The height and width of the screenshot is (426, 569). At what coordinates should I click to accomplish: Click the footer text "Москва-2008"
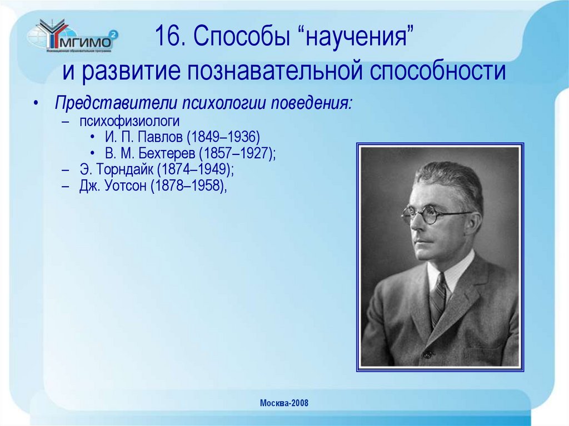(284, 403)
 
